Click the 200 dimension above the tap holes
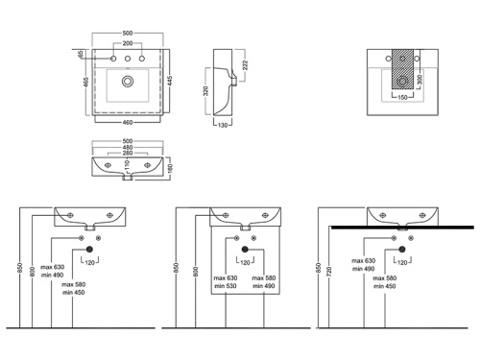click(x=128, y=43)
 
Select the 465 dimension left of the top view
click(x=86, y=82)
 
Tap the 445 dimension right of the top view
click(x=170, y=81)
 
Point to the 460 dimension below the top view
click(x=128, y=122)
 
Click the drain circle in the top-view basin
click(x=128, y=82)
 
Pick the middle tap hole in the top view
click(x=128, y=59)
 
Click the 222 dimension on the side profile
click(x=245, y=65)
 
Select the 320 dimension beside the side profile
click(x=205, y=91)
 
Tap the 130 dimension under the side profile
click(x=223, y=125)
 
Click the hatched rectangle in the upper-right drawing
click(x=402, y=70)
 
